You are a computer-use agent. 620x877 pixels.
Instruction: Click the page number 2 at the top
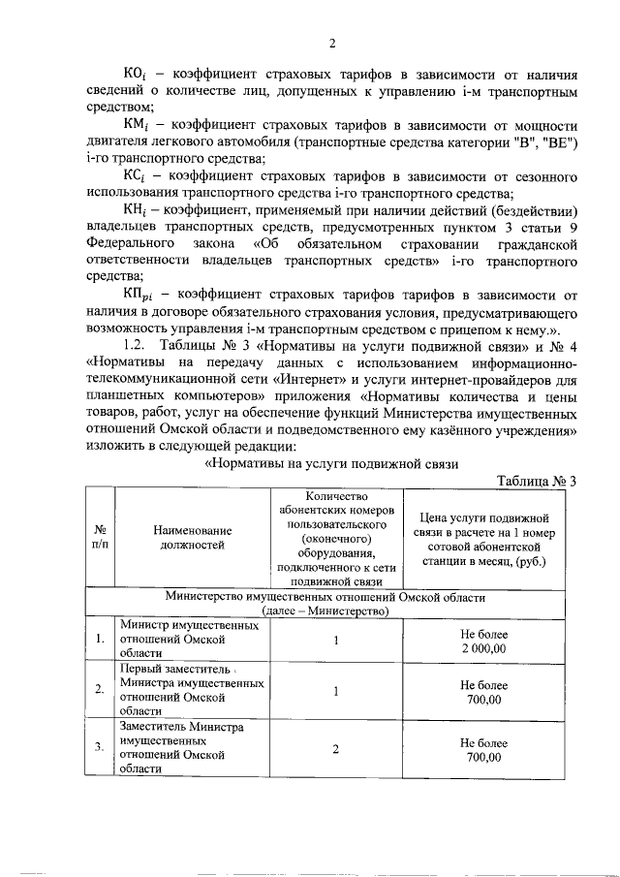pos(331,43)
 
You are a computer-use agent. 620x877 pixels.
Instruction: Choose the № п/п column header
pos(100,538)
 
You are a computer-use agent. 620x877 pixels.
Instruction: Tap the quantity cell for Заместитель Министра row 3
pos(335,749)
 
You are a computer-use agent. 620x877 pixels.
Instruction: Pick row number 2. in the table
pos(100,690)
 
